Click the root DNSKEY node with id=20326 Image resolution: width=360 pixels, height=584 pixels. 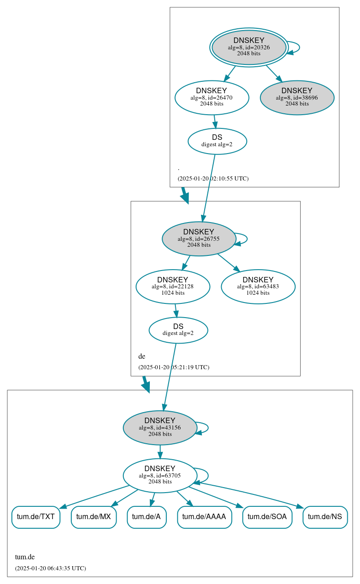coord(249,47)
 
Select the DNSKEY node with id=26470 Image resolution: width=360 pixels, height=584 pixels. coord(212,97)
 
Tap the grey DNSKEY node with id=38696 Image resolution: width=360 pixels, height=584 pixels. coord(297,97)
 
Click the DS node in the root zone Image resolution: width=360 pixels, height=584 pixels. coord(217,141)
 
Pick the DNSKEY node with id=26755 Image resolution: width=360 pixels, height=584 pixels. coord(199,239)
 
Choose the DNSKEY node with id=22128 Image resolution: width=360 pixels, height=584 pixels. coord(173,287)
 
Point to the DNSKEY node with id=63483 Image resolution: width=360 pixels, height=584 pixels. coord(258,287)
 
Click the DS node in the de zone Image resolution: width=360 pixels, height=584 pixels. coord(178,329)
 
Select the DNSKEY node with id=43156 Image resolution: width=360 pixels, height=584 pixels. coord(160,427)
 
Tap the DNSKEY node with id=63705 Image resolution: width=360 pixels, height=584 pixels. coord(160,475)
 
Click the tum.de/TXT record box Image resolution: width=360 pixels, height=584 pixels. coord(36,517)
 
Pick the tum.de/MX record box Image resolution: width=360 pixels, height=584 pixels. coord(94,517)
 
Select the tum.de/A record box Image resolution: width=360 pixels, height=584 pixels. coord(146,517)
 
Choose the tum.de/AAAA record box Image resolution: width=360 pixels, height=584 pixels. coord(204,517)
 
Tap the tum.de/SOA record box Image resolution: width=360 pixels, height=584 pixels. coord(267,517)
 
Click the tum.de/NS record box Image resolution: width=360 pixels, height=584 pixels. coord(325,517)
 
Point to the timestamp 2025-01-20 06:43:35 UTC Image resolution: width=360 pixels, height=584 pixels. coord(50,568)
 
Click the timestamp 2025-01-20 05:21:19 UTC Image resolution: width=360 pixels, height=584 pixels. coord(174,367)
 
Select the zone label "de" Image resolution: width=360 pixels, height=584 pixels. coord(142,356)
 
